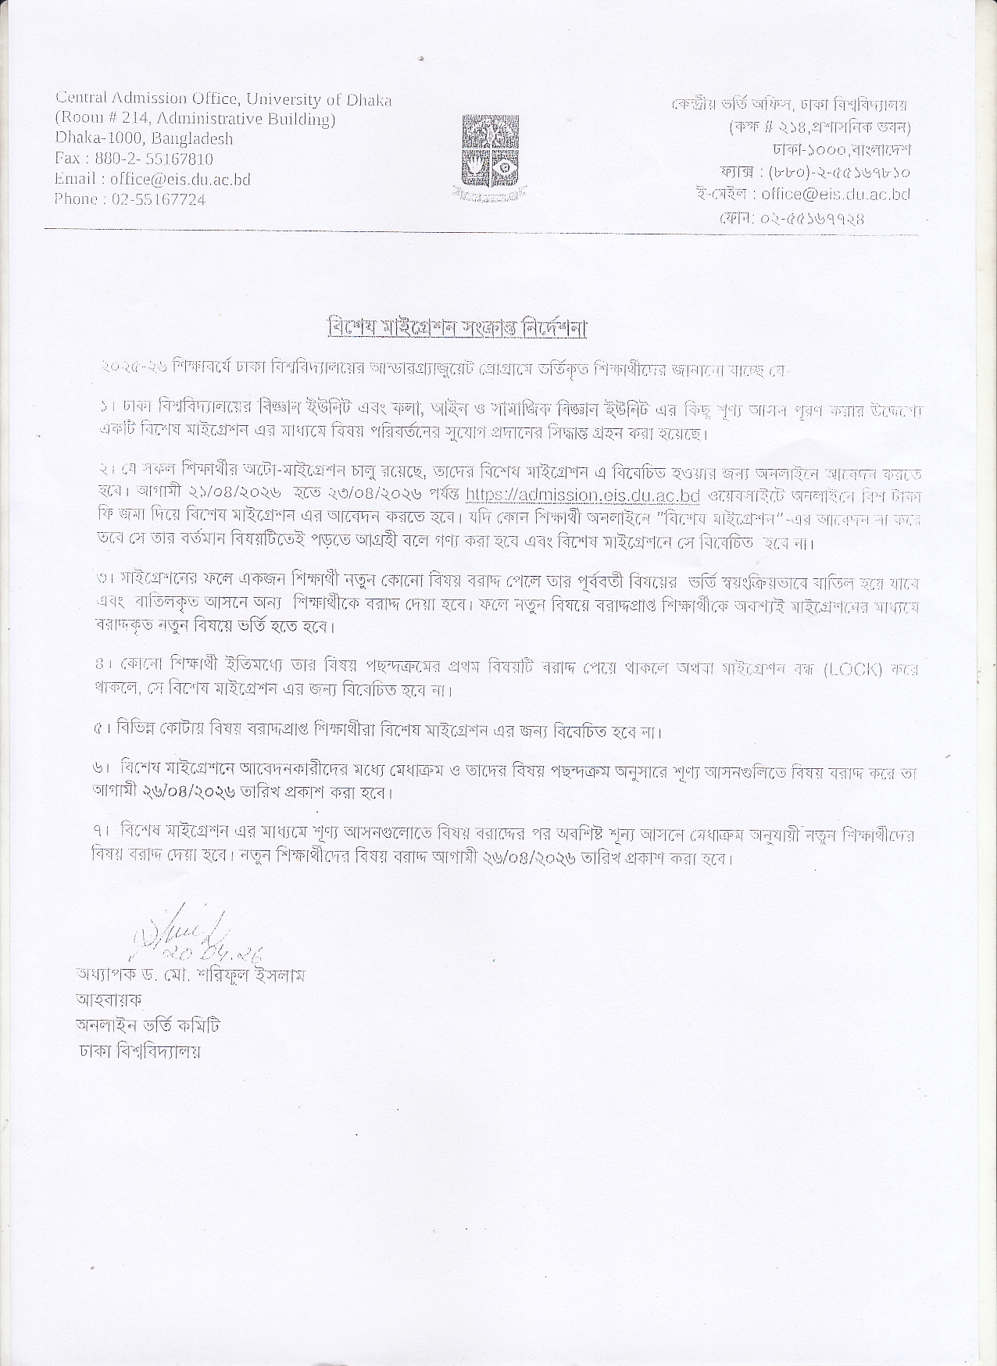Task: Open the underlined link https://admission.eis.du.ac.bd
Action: click(581, 495)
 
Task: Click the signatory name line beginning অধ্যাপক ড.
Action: click(190, 975)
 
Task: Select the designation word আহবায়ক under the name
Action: click(109, 999)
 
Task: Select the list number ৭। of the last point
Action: click(99, 835)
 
